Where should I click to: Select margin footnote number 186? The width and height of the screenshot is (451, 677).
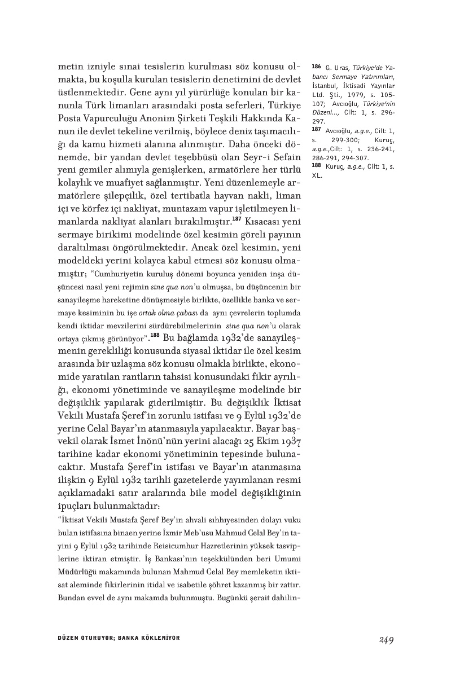coord(316,67)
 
